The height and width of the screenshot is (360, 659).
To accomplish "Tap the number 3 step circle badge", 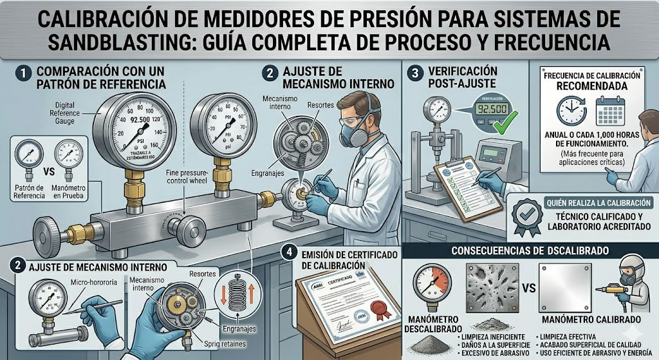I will click(414, 71).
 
